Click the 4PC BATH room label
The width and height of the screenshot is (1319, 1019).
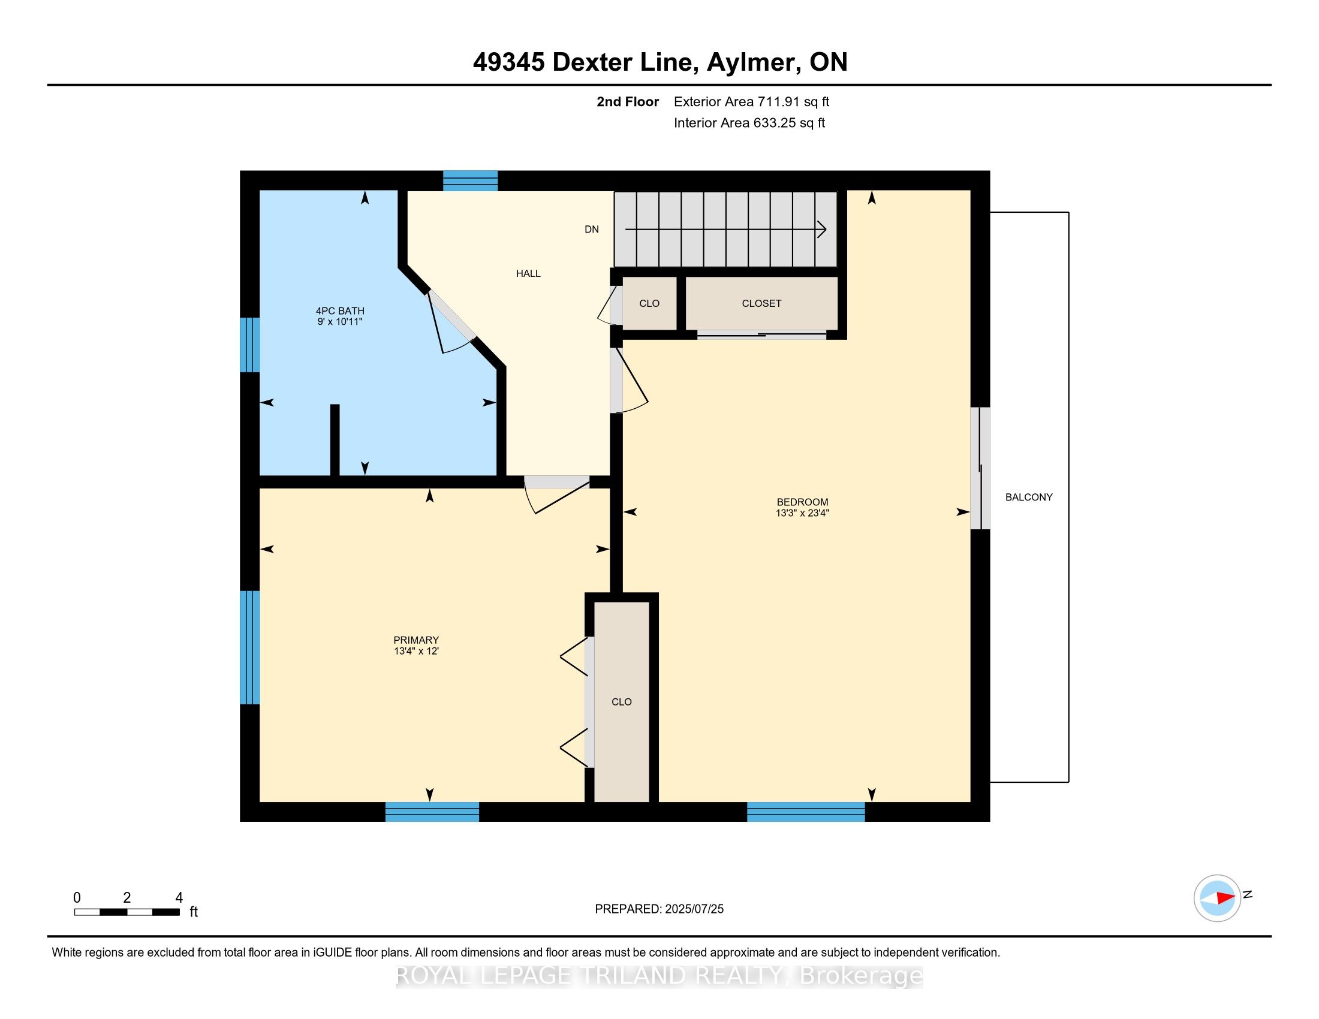click(340, 311)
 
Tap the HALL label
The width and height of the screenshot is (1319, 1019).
click(528, 273)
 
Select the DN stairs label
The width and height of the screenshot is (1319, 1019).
click(591, 229)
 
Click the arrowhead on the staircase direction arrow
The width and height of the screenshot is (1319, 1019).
click(822, 230)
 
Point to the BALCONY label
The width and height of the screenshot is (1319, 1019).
click(1028, 497)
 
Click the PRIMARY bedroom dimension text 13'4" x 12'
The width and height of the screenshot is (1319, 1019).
click(416, 651)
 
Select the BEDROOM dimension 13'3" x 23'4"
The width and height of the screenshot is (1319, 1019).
click(802, 513)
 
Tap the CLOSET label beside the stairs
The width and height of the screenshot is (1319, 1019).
click(761, 303)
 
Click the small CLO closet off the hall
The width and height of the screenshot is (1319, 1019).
click(649, 303)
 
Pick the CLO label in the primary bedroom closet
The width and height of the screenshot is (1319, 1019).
click(622, 701)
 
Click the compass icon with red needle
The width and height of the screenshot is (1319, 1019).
click(1217, 898)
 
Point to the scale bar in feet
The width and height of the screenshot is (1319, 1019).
click(127, 912)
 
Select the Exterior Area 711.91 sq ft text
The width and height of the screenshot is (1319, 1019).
click(751, 101)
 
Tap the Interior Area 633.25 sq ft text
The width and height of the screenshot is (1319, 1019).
click(749, 122)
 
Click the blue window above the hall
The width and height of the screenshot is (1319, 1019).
click(471, 180)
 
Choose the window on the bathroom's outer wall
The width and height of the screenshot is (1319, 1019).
click(250, 345)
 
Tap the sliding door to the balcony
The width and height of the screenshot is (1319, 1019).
click(980, 469)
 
